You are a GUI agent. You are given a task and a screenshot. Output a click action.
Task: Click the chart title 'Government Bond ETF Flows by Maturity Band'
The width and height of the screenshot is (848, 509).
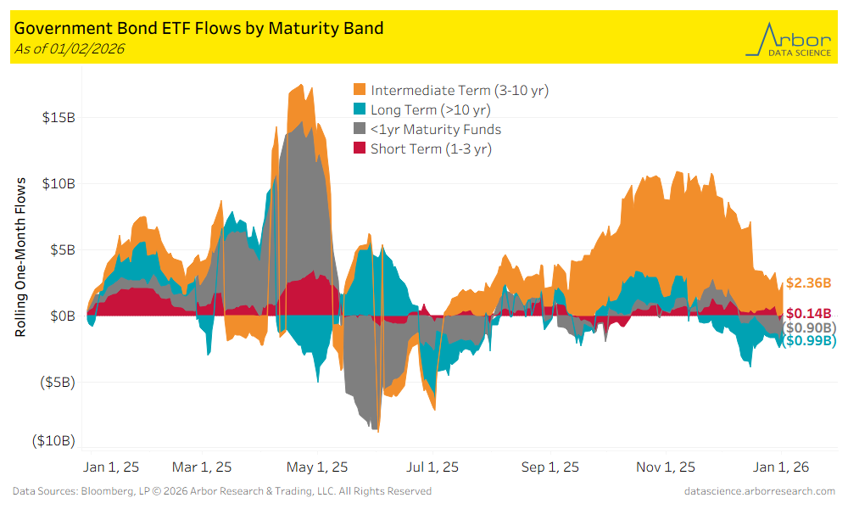pos(199,28)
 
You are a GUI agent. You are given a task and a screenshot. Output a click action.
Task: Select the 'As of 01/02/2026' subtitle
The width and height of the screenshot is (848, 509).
pos(70,49)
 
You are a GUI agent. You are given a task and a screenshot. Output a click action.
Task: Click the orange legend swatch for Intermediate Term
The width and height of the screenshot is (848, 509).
pos(359,90)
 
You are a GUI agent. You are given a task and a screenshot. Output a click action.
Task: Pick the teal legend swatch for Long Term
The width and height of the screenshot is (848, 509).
pos(359,109)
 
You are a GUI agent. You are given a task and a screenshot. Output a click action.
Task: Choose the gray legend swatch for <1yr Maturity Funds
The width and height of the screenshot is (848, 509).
pos(359,130)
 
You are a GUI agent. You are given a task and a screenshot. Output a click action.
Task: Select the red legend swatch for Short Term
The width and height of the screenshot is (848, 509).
pos(359,149)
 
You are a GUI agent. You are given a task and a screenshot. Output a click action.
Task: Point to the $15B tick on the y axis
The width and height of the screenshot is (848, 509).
pos(58,117)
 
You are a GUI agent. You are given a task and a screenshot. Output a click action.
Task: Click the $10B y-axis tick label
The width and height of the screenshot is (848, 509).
pos(58,183)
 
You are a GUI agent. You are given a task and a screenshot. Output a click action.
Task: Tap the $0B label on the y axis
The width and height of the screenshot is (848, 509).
pos(61,316)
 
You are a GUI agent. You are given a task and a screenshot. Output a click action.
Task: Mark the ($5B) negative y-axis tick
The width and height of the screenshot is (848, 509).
pos(56,382)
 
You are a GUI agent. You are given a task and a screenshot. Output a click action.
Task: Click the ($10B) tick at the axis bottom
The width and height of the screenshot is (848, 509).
pos(53,441)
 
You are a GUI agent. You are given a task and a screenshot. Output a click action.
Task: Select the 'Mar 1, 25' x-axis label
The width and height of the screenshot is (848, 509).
pos(202,467)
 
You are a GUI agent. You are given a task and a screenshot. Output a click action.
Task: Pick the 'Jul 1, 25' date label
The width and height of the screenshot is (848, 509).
pos(432,467)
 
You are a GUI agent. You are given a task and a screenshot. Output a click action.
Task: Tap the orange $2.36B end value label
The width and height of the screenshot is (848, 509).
pos(808,283)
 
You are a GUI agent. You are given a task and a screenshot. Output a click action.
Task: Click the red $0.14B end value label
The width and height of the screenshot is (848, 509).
pos(808,314)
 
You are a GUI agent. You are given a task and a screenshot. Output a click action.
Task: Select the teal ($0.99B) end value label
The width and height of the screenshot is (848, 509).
pos(808,341)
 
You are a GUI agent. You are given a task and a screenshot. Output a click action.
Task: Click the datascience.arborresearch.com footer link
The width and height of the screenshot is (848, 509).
pos(760,491)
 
